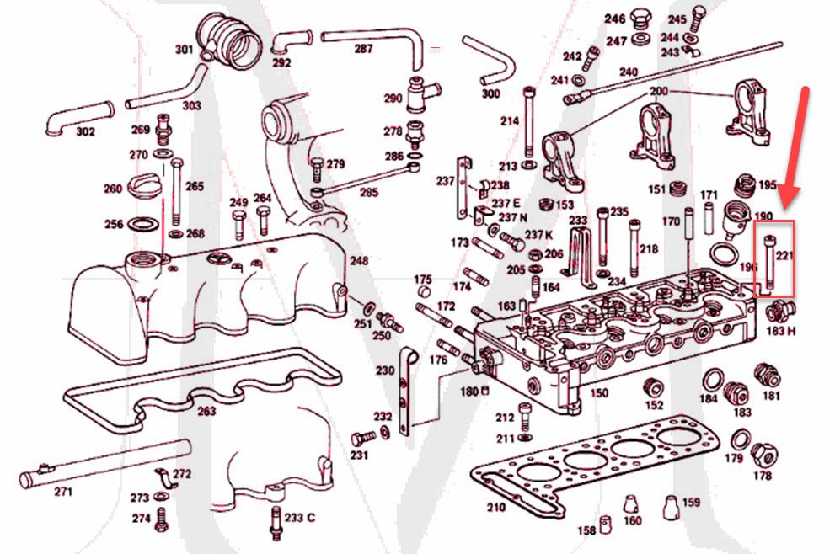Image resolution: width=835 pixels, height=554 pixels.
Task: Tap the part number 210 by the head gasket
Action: coord(496,507)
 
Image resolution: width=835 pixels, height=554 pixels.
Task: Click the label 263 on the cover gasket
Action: coord(206,411)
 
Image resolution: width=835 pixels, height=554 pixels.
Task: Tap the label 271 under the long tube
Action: coord(63,492)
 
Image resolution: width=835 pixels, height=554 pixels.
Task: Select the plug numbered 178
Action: coord(763,455)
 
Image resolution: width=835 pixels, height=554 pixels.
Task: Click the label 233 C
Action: coord(300,518)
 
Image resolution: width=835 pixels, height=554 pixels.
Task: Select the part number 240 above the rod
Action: coord(629,72)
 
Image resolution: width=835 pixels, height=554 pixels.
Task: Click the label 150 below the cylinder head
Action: coord(598,392)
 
